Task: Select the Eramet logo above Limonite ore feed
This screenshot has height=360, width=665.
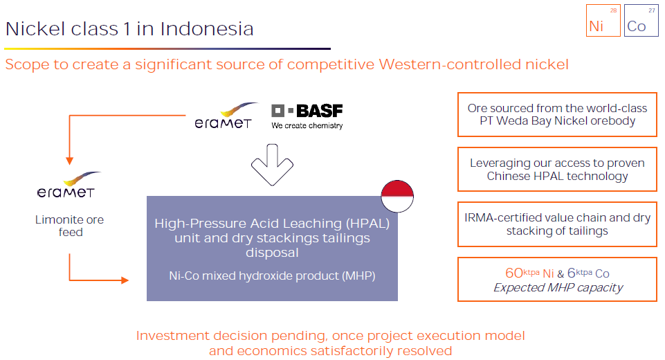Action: [x=66, y=186]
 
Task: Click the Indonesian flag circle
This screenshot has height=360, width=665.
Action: [x=397, y=195]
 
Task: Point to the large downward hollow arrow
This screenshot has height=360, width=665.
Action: [x=273, y=167]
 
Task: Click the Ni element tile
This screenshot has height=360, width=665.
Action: [x=603, y=20]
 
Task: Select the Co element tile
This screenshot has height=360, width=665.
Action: [x=641, y=20]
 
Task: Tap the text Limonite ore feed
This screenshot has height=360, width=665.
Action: [x=71, y=226]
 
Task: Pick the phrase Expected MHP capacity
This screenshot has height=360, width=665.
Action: [x=558, y=287]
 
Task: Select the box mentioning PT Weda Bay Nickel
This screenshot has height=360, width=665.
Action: [x=557, y=114]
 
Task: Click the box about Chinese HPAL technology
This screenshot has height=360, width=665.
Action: [x=557, y=170]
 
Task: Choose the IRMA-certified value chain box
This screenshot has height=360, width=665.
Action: [x=557, y=224]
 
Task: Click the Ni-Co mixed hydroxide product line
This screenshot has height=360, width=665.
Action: [x=272, y=275]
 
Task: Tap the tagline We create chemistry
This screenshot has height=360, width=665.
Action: [x=307, y=126]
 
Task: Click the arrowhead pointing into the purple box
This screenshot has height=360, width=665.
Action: [x=125, y=280]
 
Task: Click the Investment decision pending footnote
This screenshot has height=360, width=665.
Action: [x=330, y=343]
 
